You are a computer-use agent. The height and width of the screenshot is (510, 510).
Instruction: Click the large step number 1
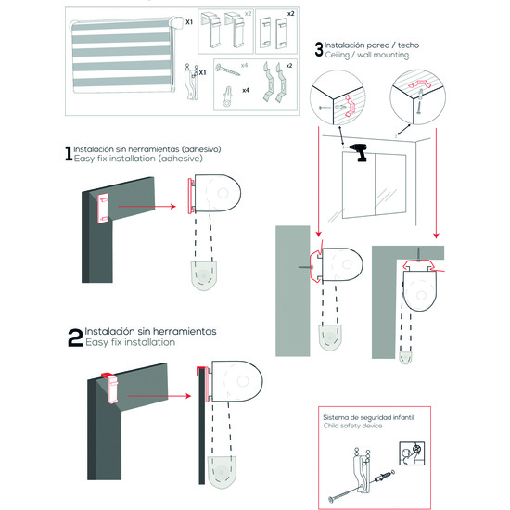tap(69, 153)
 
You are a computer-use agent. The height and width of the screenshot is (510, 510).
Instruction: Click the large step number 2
tap(75, 338)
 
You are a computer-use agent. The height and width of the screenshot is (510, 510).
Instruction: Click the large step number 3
tap(319, 49)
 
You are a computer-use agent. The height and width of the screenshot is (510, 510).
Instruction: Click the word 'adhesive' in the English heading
tap(182, 159)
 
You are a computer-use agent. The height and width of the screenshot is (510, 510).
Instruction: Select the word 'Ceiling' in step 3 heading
tap(337, 55)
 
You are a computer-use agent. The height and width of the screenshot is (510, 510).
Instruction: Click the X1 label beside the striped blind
tap(189, 22)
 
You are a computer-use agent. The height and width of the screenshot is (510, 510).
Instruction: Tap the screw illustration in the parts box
tap(227, 70)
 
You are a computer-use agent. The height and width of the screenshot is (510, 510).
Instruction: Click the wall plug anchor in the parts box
tap(227, 96)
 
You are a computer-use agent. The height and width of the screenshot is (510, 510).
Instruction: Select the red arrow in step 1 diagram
tap(147, 206)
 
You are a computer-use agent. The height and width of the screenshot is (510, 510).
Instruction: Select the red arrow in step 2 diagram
tap(159, 396)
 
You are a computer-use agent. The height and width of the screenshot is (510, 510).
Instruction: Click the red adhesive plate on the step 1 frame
tap(103, 208)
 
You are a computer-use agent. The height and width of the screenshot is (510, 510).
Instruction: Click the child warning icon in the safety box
tap(412, 453)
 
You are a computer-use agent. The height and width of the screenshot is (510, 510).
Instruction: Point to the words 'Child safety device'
tap(353, 426)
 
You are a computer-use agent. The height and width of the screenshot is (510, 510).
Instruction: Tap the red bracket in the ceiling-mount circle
tap(419, 84)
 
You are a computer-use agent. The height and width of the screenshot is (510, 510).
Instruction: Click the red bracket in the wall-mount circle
tap(349, 106)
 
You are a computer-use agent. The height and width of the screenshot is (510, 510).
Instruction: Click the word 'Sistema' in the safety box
tap(335, 417)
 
